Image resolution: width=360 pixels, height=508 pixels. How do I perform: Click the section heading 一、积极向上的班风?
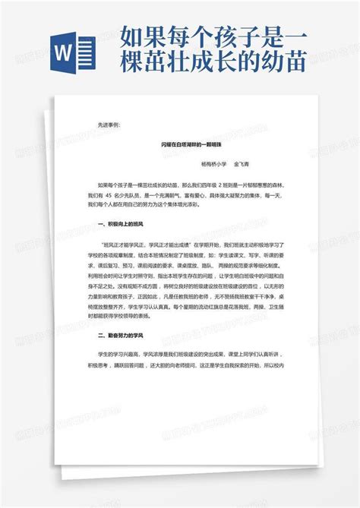122,226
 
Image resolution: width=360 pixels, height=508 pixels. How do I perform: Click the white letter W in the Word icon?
67,52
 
